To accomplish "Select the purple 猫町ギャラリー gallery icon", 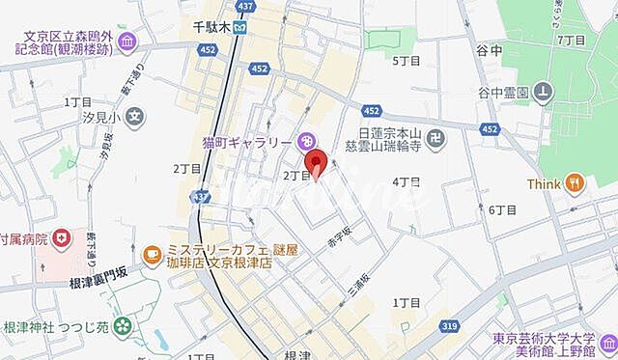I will coord(305,141).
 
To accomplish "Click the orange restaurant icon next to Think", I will coord(576,182).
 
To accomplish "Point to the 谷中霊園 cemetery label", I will coord(502,93).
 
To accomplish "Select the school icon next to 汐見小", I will coord(136,119).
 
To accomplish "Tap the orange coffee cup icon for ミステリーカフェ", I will coord(152,254).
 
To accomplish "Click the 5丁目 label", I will coord(406,60).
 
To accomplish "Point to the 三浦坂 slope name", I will coord(361,278).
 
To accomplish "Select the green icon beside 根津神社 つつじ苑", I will coord(123,328).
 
